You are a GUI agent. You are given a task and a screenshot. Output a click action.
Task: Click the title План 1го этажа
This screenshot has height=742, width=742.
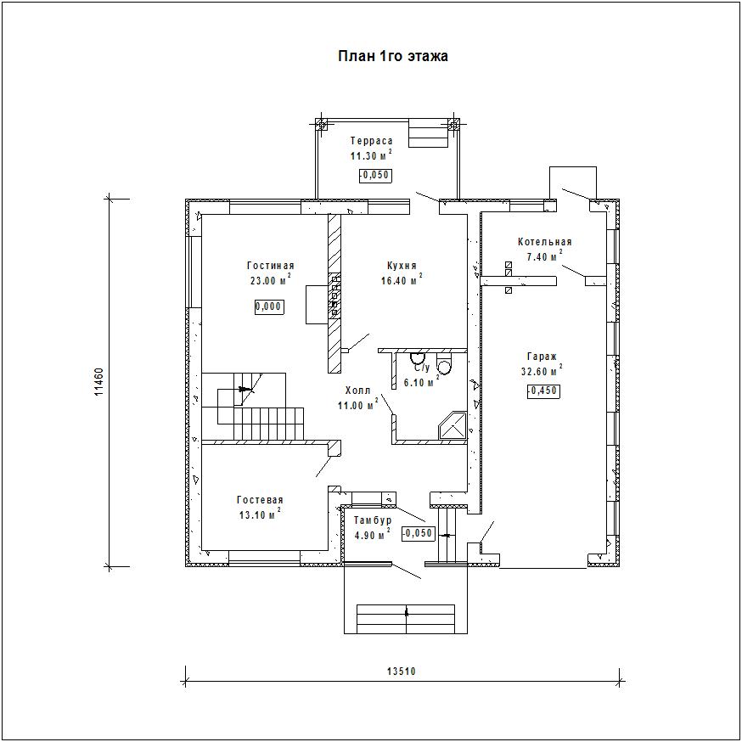tap(393, 56)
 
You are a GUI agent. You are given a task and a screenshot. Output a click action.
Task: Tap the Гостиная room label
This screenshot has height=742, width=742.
tap(271, 266)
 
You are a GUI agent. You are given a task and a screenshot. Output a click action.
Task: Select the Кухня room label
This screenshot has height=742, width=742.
tap(402, 266)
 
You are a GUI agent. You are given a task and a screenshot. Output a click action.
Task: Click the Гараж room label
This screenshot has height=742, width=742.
tap(542, 357)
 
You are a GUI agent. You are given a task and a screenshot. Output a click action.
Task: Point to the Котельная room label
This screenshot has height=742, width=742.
tap(545, 242)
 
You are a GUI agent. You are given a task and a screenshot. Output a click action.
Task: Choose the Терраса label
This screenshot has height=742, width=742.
tap(372, 141)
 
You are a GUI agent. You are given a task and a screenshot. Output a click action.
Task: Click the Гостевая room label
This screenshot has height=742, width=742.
tap(260, 500)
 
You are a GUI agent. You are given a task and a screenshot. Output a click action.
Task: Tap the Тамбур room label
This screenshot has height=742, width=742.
tap(373, 520)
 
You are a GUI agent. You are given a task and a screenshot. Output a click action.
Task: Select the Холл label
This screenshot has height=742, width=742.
tap(357, 391)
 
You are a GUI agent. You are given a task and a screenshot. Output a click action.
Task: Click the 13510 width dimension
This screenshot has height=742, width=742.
tap(402, 671)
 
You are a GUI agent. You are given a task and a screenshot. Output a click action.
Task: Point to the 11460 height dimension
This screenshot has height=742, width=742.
tap(98, 381)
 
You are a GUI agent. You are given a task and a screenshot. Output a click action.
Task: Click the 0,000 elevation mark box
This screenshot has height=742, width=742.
tap(270, 306)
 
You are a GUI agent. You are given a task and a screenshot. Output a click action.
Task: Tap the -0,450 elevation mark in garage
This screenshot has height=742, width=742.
tap(542, 391)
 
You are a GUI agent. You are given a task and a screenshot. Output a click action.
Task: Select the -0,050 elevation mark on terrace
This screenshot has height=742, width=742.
tap(376, 176)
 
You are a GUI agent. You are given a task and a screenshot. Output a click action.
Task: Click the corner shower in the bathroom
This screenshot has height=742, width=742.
tap(453, 425)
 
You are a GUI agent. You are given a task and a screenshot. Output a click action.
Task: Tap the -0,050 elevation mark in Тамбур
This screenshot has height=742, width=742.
tap(418, 533)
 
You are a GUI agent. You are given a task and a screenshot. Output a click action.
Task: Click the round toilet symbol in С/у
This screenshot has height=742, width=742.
tap(444, 366)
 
